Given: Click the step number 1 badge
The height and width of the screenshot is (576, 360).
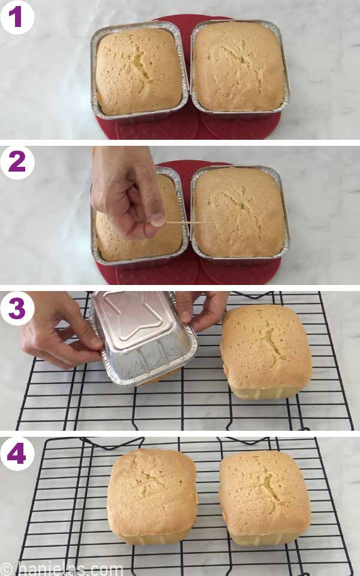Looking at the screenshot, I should click(x=16, y=16).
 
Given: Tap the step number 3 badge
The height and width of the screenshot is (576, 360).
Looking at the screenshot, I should click(x=16, y=308).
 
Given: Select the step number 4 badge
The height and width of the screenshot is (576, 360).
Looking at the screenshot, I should click(x=16, y=454).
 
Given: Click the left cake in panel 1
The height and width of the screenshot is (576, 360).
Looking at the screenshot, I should click(x=139, y=70).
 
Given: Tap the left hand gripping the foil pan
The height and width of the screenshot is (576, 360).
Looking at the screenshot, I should click(x=57, y=336).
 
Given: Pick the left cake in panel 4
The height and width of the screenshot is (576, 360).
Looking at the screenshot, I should click(x=152, y=495).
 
